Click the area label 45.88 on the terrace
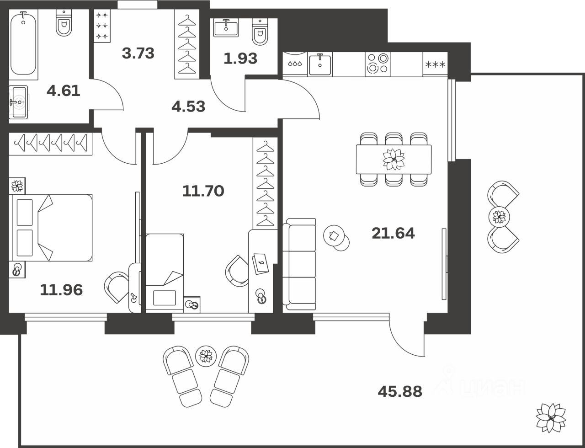(x=400, y=392)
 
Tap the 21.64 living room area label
(x=393, y=233)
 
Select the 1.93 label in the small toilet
(x=240, y=59)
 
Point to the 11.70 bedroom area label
(x=203, y=191)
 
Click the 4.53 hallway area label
(x=188, y=107)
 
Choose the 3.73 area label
(x=138, y=53)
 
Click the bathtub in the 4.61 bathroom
(x=23, y=44)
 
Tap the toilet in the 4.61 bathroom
(x=64, y=24)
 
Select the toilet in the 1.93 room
(x=260, y=32)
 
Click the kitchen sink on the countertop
(x=320, y=64)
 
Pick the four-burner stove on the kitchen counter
(x=378, y=64)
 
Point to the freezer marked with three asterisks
(x=435, y=64)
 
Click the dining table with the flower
(x=394, y=160)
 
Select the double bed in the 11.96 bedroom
(x=51, y=228)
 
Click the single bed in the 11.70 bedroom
(x=165, y=273)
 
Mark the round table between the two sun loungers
(x=206, y=356)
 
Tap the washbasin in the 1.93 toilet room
(x=226, y=27)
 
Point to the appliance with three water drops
(x=295, y=64)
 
